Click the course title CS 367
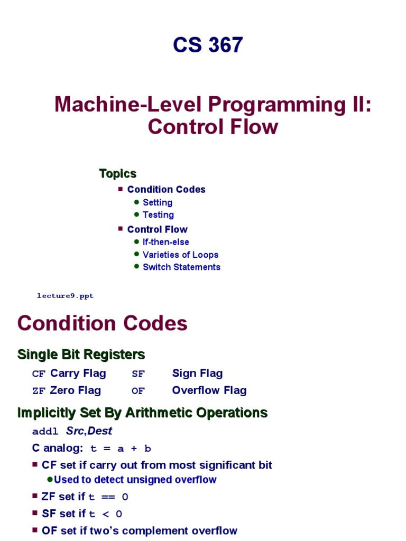coord(208,45)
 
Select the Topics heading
coord(117,173)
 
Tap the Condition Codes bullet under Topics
coord(166,189)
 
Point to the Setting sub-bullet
coord(158,202)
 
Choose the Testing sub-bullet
coord(158,214)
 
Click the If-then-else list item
coord(165,242)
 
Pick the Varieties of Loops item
coord(180,255)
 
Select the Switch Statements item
coord(181,267)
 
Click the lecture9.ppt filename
coord(65,296)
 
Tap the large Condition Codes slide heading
coord(103,323)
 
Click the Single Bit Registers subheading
coord(81,354)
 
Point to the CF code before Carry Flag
coord(39,374)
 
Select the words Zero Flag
coord(75,390)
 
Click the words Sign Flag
coord(197,374)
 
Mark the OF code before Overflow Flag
coord(138,391)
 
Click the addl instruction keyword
coord(45,432)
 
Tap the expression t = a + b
coord(121,449)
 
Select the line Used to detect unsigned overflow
coord(135,480)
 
